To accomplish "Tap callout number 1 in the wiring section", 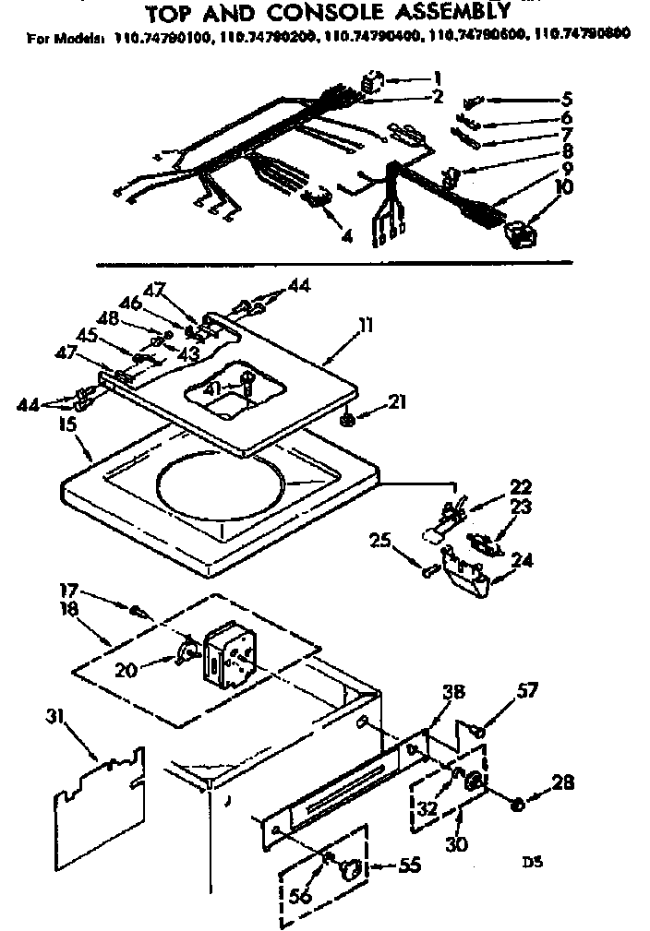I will pyautogui.click(x=438, y=78).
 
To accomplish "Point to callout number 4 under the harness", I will pyautogui.click(x=347, y=236).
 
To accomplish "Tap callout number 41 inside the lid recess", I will pyautogui.click(x=213, y=389).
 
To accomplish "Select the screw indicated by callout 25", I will pyautogui.click(x=427, y=572).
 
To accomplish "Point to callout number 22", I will pyautogui.click(x=521, y=486).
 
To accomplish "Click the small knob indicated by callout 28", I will pyautogui.click(x=518, y=804).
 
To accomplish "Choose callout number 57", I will pyautogui.click(x=527, y=689).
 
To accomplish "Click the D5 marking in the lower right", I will pyautogui.click(x=530, y=864).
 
